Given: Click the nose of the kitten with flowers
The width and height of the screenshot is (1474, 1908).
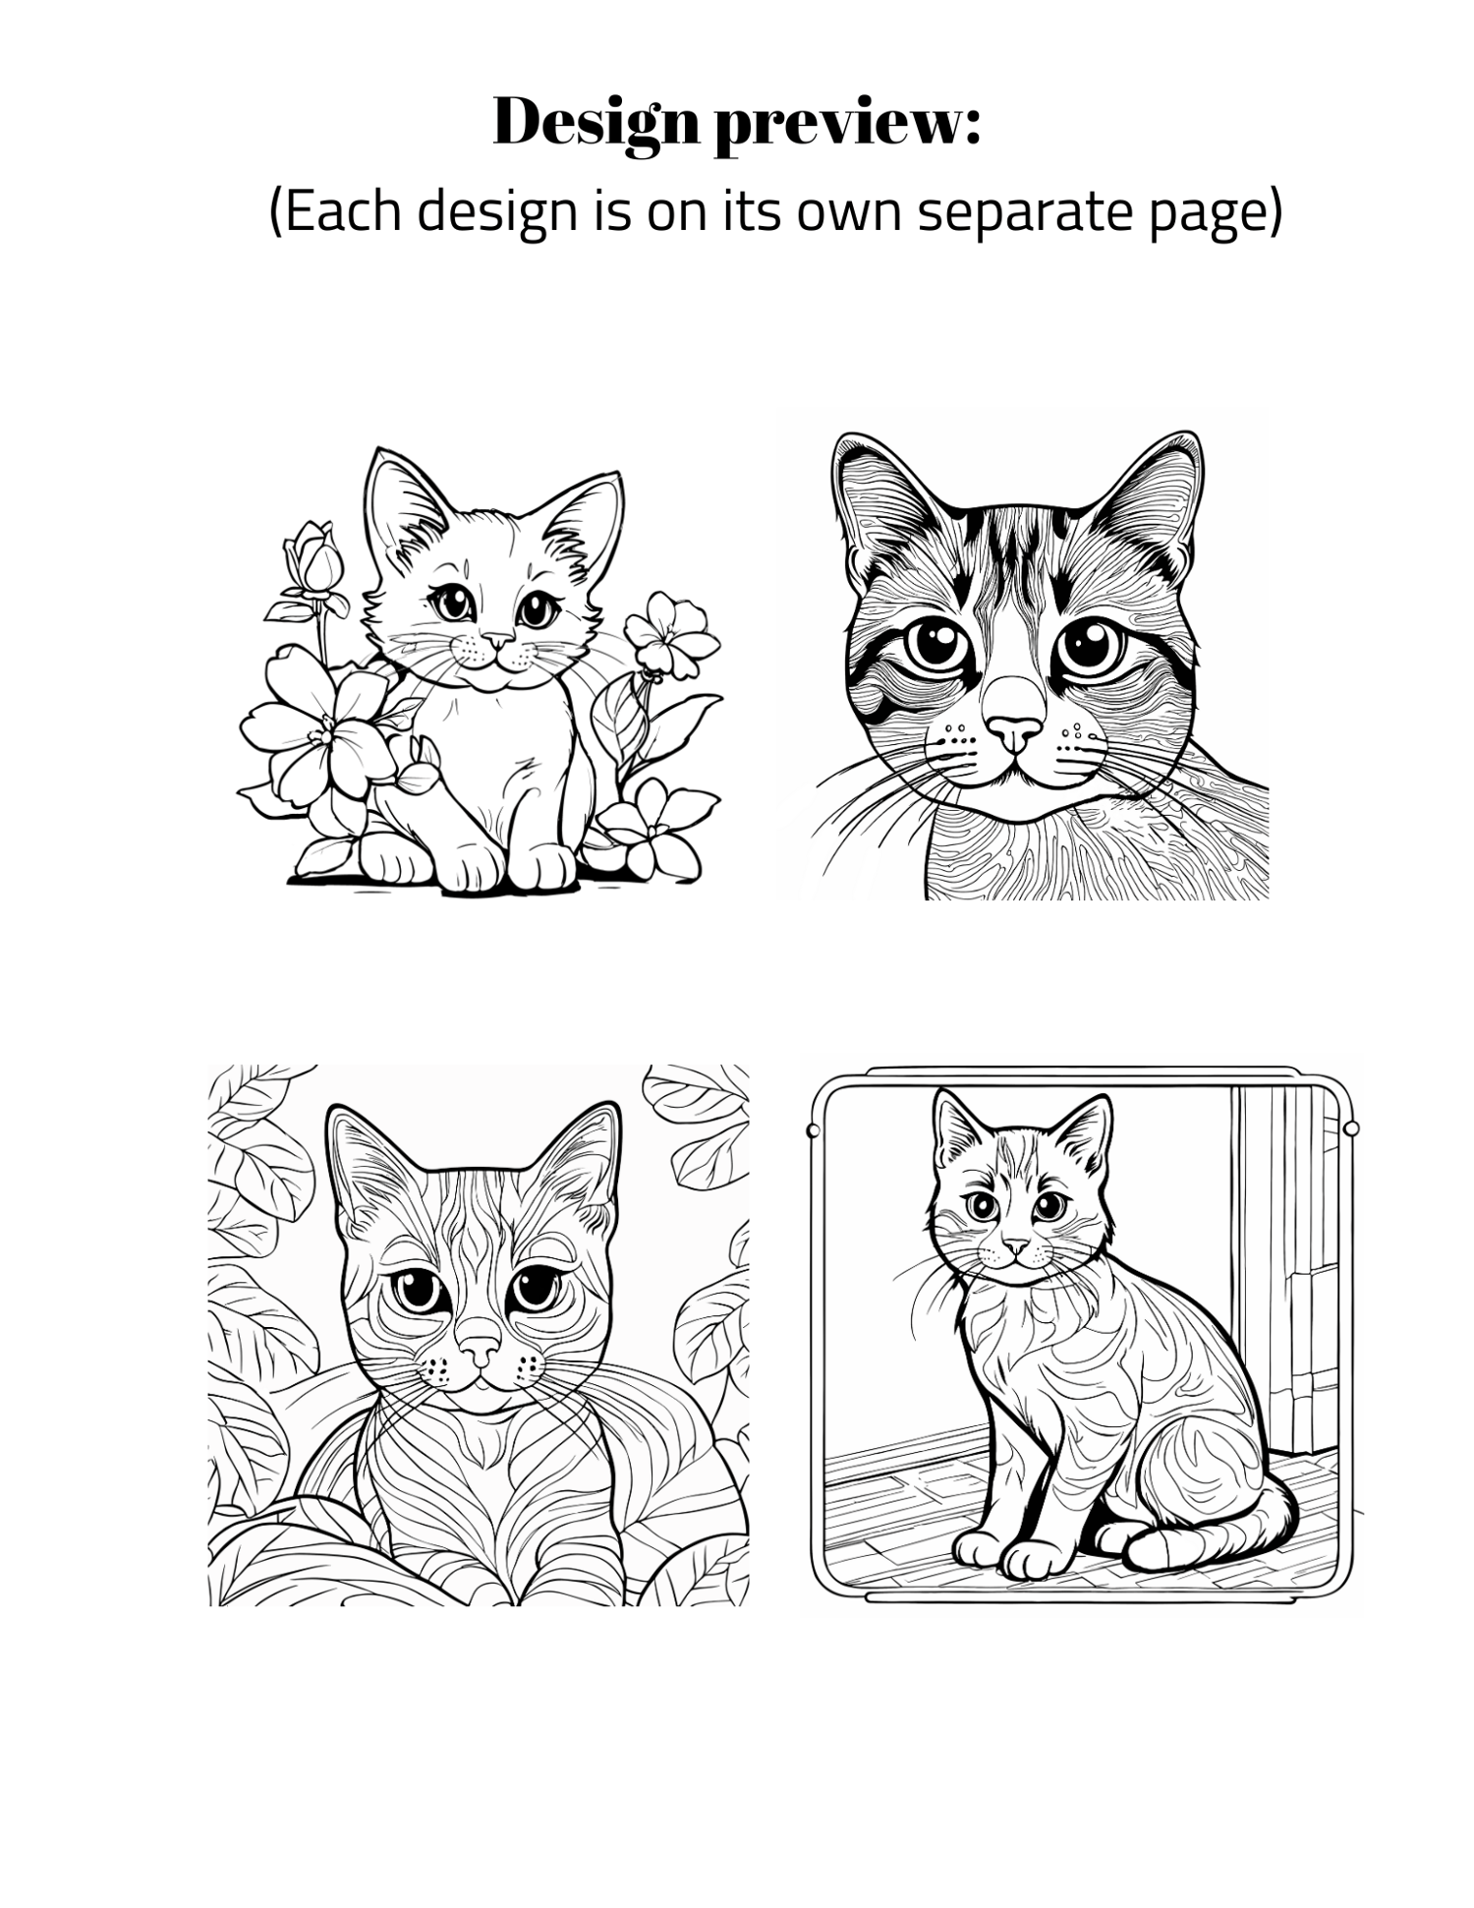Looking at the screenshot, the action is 498,641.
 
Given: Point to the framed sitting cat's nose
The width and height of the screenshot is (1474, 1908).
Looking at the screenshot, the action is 1016,1245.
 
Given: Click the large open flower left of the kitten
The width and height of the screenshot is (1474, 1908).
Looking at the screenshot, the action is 316,730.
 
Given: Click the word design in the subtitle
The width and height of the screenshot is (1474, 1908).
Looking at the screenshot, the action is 496,212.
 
